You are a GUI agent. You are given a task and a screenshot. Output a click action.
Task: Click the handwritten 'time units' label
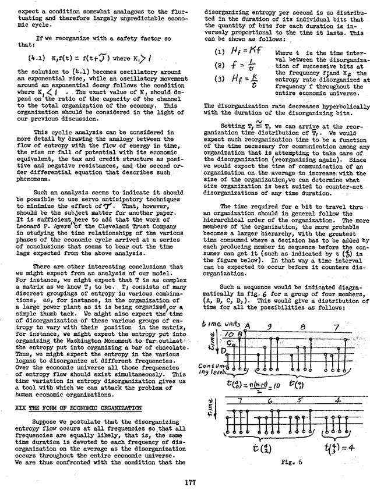tap(223, 324)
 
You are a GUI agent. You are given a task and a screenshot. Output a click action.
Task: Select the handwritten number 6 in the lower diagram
tap(269, 401)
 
